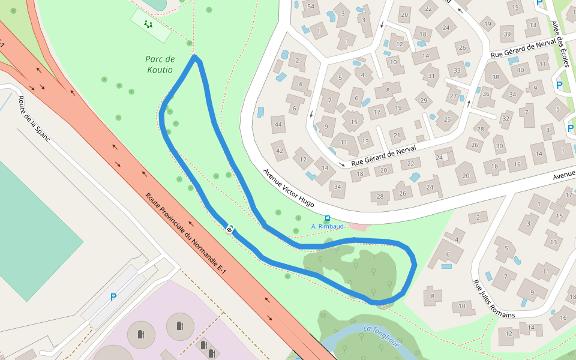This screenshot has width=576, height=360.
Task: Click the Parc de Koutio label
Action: pyautogui.click(x=160, y=64)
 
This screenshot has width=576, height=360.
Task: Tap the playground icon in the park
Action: pyautogui.click(x=148, y=25)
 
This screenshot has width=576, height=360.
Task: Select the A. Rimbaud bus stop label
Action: pyautogui.click(x=328, y=226)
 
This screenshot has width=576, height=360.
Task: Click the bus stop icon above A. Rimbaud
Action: pyautogui.click(x=327, y=218)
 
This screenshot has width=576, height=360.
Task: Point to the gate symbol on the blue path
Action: pyautogui.click(x=230, y=229)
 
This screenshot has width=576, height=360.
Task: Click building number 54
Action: pyautogui.click(x=310, y=7)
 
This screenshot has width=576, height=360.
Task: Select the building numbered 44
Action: pyautogui.click(x=278, y=125)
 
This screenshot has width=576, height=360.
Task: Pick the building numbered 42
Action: pyautogui.click(x=280, y=150)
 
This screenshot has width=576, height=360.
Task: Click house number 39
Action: pyautogui.click(x=508, y=34)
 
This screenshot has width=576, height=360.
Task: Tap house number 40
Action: pyautogui.click(x=521, y=70)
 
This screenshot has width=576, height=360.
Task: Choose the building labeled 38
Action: pyautogui.click(x=496, y=77)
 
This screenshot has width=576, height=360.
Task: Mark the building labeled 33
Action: pyautogui.click(x=457, y=70)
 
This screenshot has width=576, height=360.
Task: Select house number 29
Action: pyautogui.click(x=424, y=100)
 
